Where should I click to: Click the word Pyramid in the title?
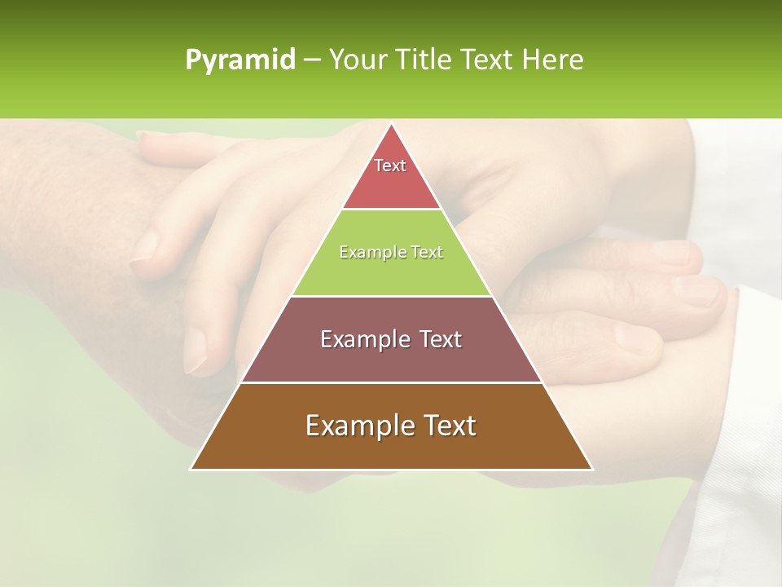coord(239,60)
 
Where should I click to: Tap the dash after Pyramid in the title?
coord(311,60)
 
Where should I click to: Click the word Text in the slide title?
coord(488,60)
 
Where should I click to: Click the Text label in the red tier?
coord(390,166)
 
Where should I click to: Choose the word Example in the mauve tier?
coord(364,339)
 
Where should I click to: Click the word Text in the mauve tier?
coord(437,339)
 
